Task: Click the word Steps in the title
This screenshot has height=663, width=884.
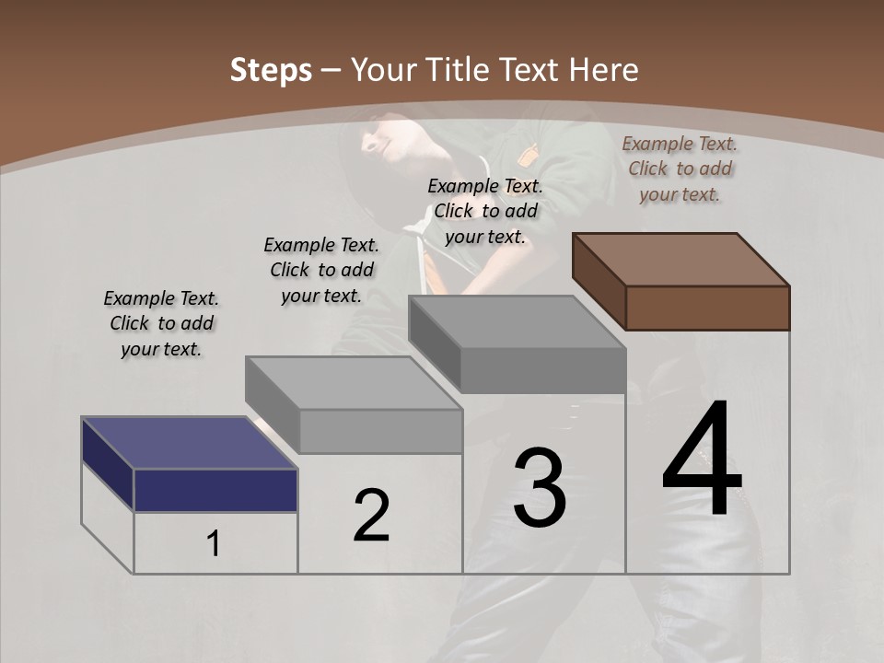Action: pyautogui.click(x=271, y=70)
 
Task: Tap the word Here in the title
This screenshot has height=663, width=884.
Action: pyautogui.click(x=605, y=70)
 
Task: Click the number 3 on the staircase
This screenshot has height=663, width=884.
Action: pyautogui.click(x=540, y=488)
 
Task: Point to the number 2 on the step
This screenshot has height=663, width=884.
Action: pyautogui.click(x=371, y=516)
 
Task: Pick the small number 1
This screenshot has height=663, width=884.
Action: pyautogui.click(x=214, y=544)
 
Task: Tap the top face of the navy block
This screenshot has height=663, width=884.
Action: pyautogui.click(x=189, y=443)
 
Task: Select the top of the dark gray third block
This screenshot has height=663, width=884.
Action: pyautogui.click(x=517, y=322)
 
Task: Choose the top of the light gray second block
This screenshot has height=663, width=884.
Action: pyautogui.click(x=354, y=382)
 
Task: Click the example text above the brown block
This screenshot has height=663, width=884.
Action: pyautogui.click(x=680, y=169)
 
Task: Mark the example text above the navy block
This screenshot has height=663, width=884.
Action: pyautogui.click(x=161, y=323)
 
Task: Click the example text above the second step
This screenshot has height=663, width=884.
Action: pyautogui.click(x=321, y=270)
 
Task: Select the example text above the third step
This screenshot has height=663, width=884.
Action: pyautogui.click(x=485, y=211)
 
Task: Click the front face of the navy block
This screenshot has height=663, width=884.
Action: pyautogui.click(x=215, y=490)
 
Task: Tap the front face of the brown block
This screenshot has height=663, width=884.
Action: pyautogui.click(x=707, y=308)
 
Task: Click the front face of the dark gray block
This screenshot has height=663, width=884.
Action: pyautogui.click(x=542, y=371)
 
